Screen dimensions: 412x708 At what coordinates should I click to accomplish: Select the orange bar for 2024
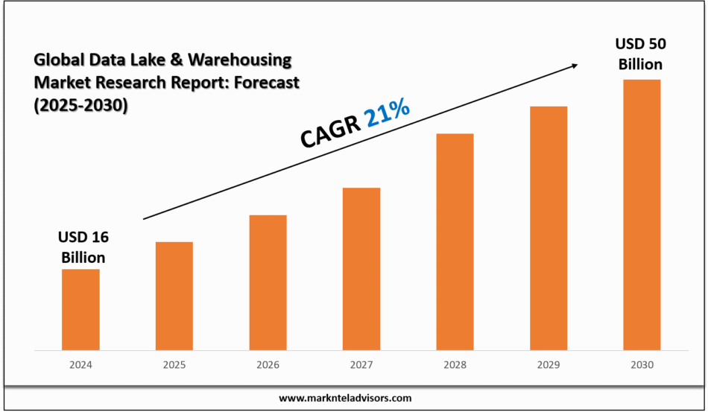pyautogui.click(x=80, y=309)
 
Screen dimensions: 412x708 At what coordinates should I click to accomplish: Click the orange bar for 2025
pyautogui.click(x=174, y=296)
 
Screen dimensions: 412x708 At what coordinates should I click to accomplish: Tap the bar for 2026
pyautogui.click(x=268, y=282)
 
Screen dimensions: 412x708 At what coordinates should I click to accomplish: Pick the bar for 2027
pyautogui.click(x=361, y=268)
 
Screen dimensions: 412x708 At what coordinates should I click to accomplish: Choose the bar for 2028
pyautogui.click(x=455, y=241)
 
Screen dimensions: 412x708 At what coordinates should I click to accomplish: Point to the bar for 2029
pyautogui.click(x=549, y=228)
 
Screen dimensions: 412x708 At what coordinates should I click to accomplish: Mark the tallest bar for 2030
pyautogui.click(x=642, y=215)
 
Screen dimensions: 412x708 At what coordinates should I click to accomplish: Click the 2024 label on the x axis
pyautogui.click(x=80, y=365)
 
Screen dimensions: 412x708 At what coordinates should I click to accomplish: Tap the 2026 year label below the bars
pyautogui.click(x=268, y=365)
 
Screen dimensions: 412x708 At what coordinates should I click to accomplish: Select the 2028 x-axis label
pyautogui.click(x=455, y=365)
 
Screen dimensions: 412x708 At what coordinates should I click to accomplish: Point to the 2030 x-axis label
pyautogui.click(x=642, y=365)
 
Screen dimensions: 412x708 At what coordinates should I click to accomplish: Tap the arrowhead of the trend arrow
pyautogui.click(x=573, y=66)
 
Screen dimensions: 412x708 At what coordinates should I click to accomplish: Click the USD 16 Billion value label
pyautogui.click(x=82, y=247)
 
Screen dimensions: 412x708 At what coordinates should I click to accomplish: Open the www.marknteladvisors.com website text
pyautogui.click(x=345, y=399)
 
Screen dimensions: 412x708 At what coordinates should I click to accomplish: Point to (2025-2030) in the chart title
pyautogui.click(x=81, y=106)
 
